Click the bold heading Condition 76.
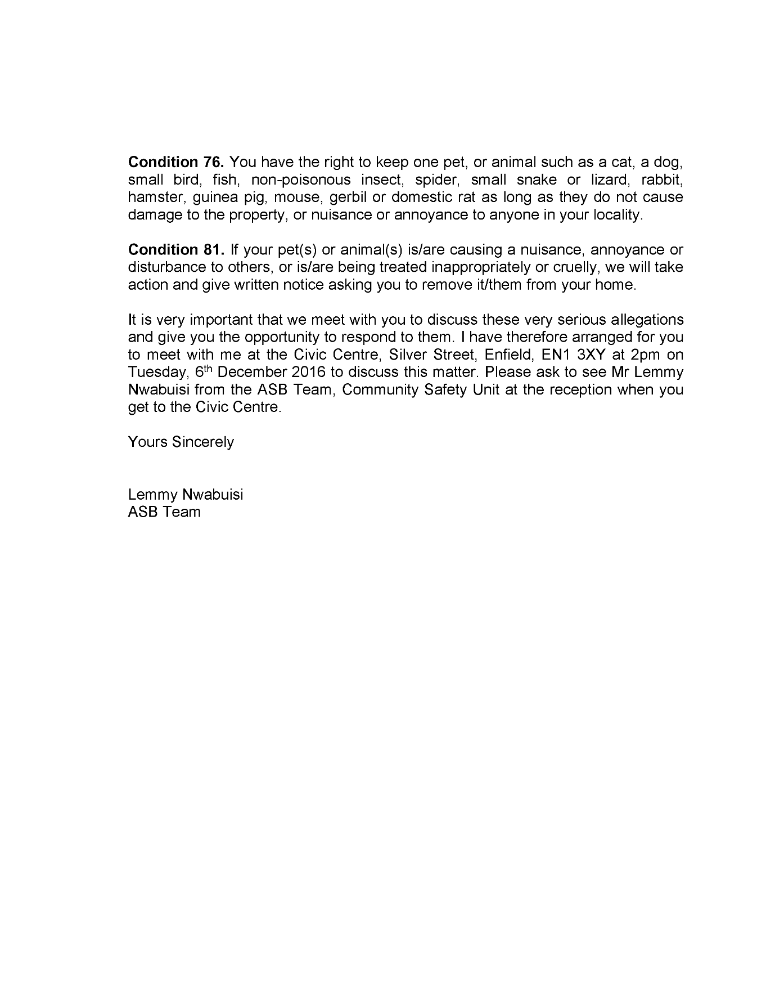click(176, 162)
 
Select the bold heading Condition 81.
click(176, 249)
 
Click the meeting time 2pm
click(639, 355)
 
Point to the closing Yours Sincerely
click(181, 442)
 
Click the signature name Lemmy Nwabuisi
click(186, 494)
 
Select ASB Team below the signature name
click(164, 512)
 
